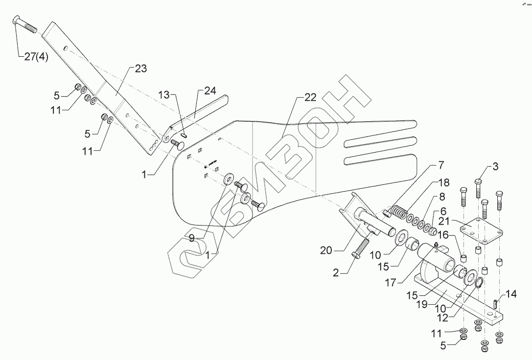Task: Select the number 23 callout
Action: [x=141, y=69]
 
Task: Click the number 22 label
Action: [x=310, y=97]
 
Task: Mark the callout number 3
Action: [x=495, y=167]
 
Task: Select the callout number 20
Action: [x=326, y=250]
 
